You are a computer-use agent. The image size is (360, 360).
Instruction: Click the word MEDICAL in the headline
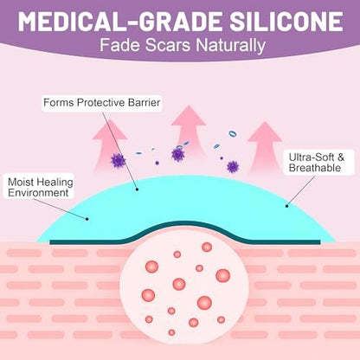click(71, 22)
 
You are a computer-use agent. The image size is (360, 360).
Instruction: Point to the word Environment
click(38, 193)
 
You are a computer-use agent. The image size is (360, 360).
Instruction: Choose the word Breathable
click(315, 168)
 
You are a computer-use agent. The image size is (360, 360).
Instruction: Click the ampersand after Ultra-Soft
click(341, 157)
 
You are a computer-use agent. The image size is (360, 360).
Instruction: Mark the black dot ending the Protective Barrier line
click(137, 190)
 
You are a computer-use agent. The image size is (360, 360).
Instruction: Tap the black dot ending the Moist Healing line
click(87, 219)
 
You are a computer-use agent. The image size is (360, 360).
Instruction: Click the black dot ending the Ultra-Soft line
click(286, 206)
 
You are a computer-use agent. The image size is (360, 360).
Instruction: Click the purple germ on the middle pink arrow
click(178, 154)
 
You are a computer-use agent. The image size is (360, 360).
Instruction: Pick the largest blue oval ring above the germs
click(233, 134)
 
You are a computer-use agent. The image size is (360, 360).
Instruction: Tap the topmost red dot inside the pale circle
click(207, 247)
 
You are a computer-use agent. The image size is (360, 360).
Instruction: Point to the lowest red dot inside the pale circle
click(171, 332)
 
